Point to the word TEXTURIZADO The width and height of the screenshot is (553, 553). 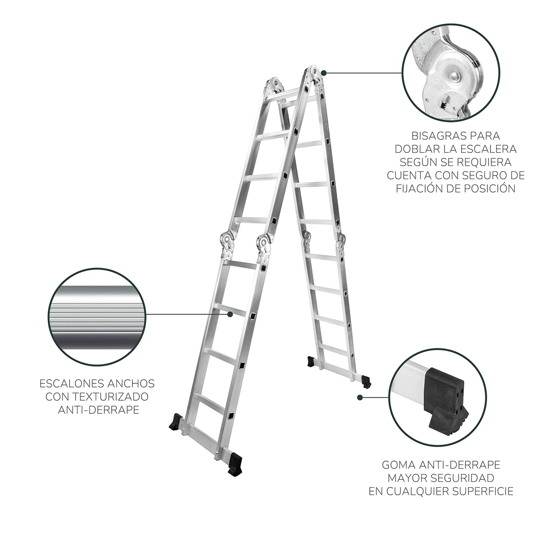pyautogui.click(x=111, y=396)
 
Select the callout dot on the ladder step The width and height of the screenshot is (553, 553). pyautogui.click(x=230, y=314)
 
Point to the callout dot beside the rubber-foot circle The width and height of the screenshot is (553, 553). pyautogui.click(x=359, y=398)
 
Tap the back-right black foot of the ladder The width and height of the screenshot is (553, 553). pyautogui.click(x=366, y=381)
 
